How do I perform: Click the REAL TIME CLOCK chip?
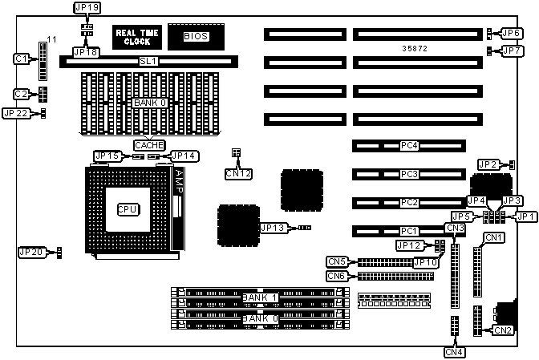137,36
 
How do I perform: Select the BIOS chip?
195,36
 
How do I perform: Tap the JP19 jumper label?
87,8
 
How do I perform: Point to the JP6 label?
512,33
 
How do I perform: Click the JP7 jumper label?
512,51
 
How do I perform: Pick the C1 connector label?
22,59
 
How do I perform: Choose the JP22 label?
16,113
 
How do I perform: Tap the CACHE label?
149,145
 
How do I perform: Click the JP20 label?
30,253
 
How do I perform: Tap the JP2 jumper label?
488,164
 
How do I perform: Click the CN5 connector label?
338,261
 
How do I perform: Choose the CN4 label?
454,350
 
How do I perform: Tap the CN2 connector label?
503,330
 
